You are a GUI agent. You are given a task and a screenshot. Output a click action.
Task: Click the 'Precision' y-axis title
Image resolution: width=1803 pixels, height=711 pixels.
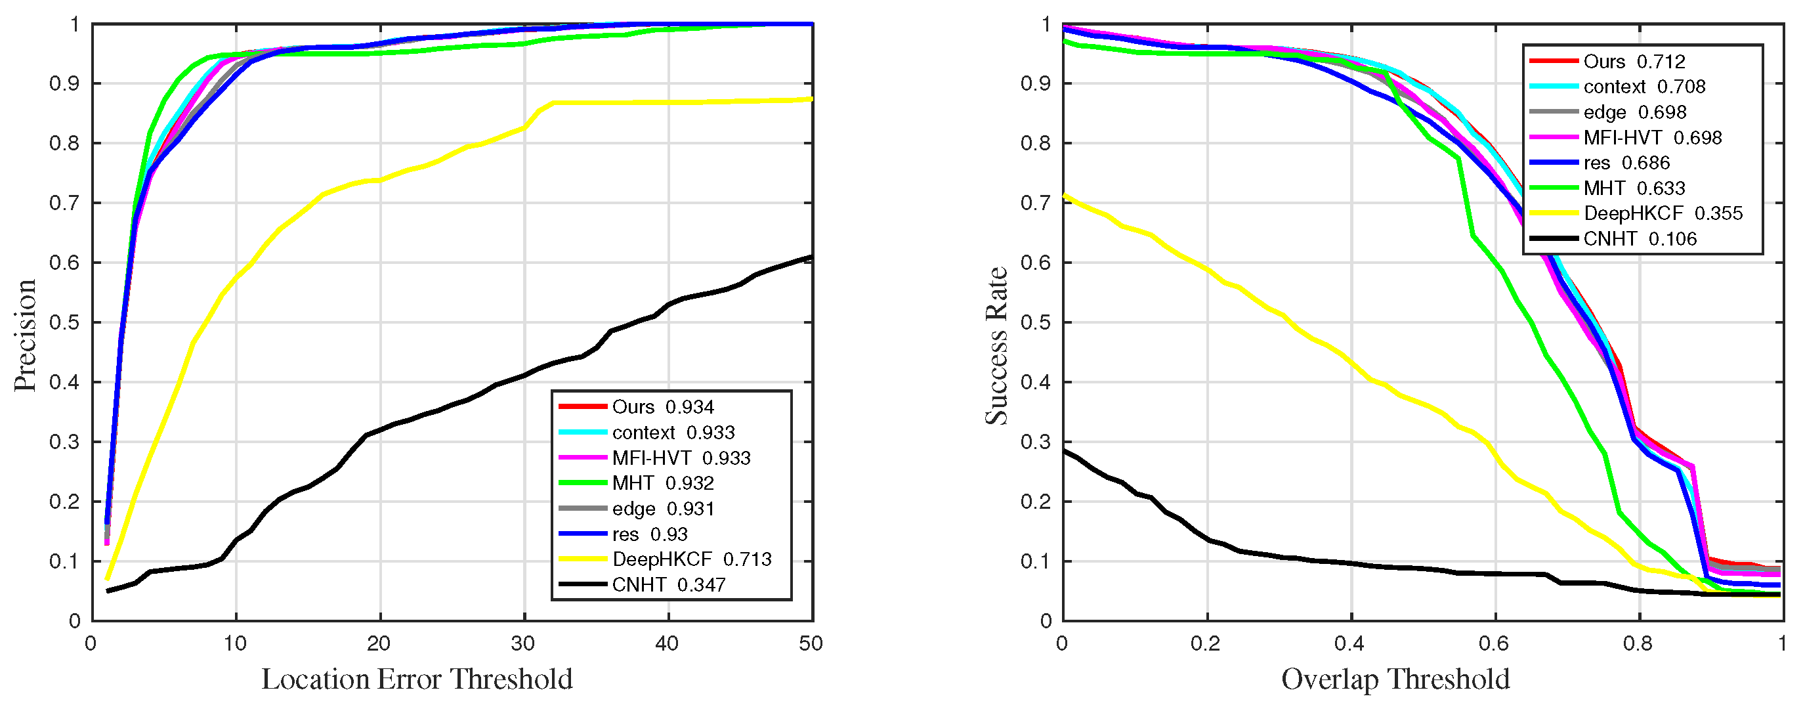pyautogui.click(x=25, y=335)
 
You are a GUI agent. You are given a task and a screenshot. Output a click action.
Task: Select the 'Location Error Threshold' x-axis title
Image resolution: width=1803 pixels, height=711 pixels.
pyautogui.click(x=417, y=679)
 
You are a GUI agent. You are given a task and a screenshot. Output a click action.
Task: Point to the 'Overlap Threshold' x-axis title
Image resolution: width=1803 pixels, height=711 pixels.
pyautogui.click(x=1395, y=679)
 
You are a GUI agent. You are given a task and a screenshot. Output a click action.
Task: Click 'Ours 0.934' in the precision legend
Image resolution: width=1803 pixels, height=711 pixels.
pyautogui.click(x=662, y=406)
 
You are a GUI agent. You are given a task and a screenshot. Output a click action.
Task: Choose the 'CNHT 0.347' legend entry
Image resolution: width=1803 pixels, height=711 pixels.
pyautogui.click(x=668, y=584)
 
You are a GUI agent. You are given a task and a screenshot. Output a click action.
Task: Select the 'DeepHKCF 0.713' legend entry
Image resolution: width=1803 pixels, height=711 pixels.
pyautogui.click(x=692, y=559)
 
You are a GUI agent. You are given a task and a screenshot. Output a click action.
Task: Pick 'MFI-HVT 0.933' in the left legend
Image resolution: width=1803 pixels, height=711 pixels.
pyautogui.click(x=681, y=458)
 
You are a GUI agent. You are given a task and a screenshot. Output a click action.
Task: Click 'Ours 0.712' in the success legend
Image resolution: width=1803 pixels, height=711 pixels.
pyautogui.click(x=1634, y=62)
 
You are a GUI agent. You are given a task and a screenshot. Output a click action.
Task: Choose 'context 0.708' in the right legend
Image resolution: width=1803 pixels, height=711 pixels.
pyautogui.click(x=1644, y=87)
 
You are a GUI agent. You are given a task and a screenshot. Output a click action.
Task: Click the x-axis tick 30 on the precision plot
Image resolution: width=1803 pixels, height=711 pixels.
pyautogui.click(x=524, y=643)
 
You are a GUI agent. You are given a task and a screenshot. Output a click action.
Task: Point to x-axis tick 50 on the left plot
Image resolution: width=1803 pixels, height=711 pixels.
pyautogui.click(x=811, y=643)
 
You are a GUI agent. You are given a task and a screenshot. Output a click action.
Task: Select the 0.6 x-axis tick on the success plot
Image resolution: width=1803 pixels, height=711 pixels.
pyautogui.click(x=1495, y=643)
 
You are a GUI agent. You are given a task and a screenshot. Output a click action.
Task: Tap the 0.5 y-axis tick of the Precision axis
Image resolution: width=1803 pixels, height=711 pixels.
pyautogui.click(x=64, y=322)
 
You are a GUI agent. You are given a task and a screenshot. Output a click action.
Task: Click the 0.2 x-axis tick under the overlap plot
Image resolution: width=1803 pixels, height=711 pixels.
pyautogui.click(x=1206, y=643)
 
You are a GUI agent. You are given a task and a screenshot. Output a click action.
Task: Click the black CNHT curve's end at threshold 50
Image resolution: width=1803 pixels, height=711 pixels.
pyautogui.click(x=811, y=257)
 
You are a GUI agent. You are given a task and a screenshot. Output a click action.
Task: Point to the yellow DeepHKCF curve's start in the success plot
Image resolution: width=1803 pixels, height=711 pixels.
pyautogui.click(x=1065, y=195)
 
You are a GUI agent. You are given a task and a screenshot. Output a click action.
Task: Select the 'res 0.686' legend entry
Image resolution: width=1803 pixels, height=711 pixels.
pyautogui.click(x=1625, y=163)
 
